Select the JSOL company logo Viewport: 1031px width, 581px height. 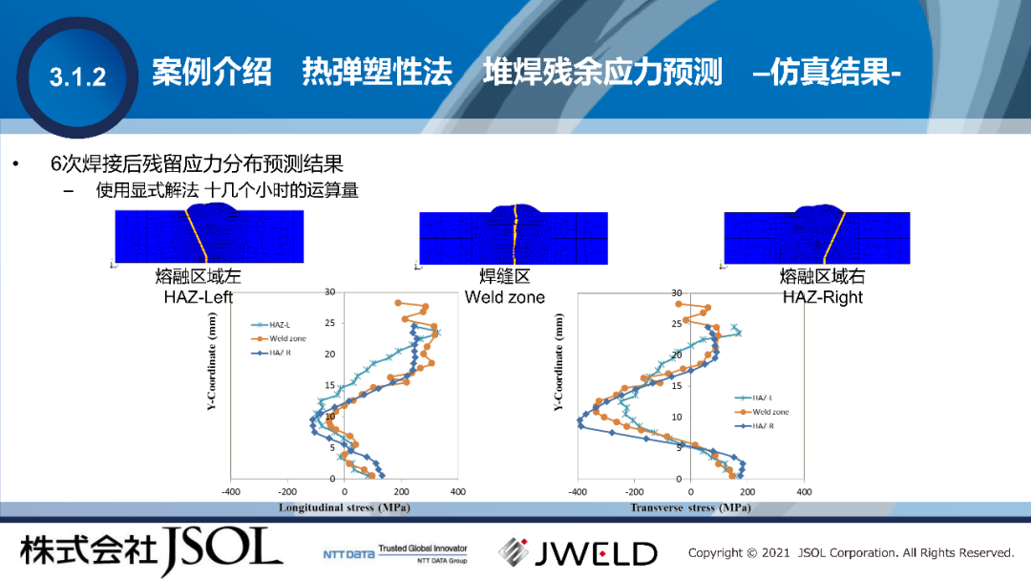point(152,551)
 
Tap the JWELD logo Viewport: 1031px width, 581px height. point(579,552)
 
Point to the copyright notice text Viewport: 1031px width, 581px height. point(851,552)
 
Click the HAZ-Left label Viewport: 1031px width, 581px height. point(199,297)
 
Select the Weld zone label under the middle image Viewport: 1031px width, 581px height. point(505,297)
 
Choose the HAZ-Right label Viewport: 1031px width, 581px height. point(822,297)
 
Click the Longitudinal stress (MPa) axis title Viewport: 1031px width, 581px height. point(344,507)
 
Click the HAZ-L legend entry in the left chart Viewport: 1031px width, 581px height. point(280,325)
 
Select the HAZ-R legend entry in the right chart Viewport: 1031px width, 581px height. point(764,425)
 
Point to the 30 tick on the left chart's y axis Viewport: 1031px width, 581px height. point(329,291)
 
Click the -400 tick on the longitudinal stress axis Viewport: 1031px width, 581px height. point(231,492)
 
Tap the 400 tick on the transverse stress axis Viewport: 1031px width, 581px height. point(804,492)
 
